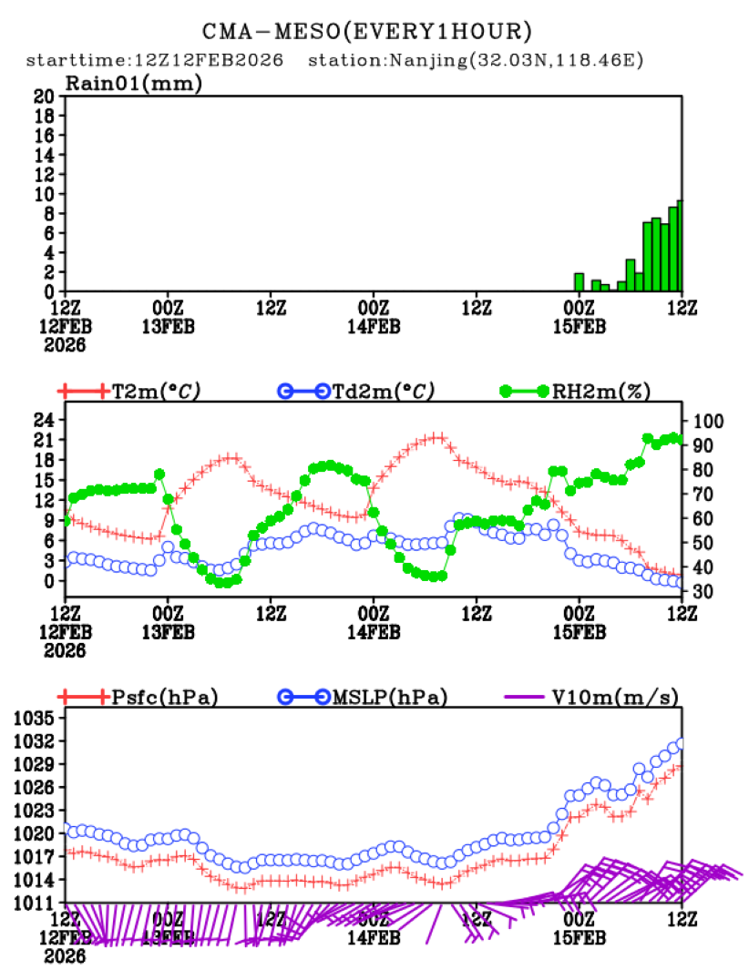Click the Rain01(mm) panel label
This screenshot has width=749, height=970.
point(133,83)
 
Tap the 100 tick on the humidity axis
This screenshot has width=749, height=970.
point(707,421)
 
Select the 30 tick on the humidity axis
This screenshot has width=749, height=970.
point(703,592)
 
